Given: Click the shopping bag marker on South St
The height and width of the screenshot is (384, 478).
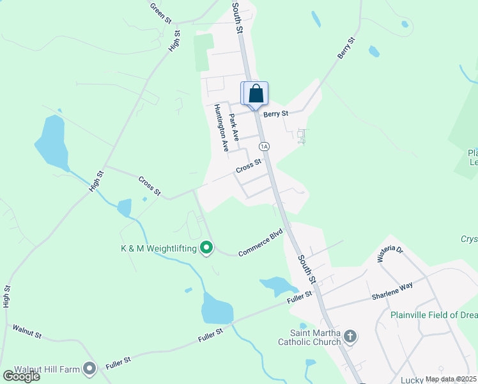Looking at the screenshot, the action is [x=256, y=93].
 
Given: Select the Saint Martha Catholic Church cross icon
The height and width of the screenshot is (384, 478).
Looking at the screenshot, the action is [x=350, y=336].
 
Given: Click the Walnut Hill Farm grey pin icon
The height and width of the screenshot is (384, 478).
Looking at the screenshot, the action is [x=89, y=368].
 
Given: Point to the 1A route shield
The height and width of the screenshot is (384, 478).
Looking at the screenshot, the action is [x=265, y=147].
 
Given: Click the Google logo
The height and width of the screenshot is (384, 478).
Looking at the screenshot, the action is [x=21, y=376].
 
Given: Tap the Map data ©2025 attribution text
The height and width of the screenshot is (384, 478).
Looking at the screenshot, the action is [x=451, y=379].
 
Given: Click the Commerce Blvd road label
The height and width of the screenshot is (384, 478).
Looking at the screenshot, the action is [x=260, y=243].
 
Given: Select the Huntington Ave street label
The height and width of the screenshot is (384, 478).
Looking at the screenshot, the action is [x=222, y=127].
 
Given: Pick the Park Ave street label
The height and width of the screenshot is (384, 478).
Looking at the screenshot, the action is [x=234, y=127].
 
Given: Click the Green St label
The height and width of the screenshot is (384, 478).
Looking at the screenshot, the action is [x=161, y=12].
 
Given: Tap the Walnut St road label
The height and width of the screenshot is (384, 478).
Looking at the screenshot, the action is [x=27, y=331].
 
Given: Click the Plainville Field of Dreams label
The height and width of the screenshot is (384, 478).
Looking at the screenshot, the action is [x=434, y=314].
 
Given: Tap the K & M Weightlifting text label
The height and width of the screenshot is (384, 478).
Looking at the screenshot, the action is [x=158, y=248].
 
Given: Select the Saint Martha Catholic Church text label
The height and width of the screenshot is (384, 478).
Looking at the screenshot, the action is [x=308, y=337].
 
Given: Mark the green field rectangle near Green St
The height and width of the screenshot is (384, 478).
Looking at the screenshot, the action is [x=203, y=52].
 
